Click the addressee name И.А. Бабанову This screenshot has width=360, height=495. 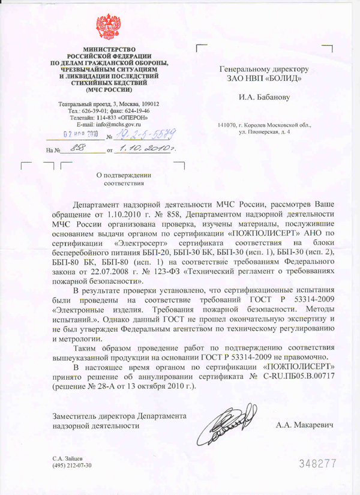[263, 96]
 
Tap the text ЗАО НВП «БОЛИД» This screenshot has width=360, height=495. [264, 78]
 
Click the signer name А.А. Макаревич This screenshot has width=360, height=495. [304, 425]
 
